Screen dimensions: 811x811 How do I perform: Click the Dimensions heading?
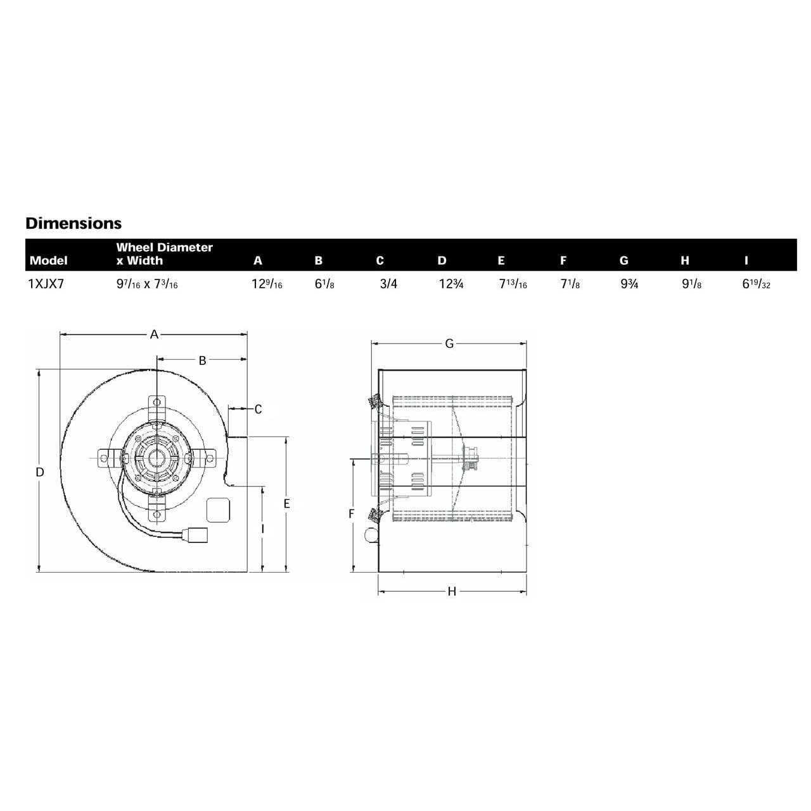pos(73,223)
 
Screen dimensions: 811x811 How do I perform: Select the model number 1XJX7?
pos(46,284)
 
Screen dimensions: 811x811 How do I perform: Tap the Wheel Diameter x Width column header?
pos(165,254)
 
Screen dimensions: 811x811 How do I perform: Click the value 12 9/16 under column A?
pos(267,284)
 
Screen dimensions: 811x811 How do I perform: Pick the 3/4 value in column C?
pos(388,284)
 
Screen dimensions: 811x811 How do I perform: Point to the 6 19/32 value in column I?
pos(757,284)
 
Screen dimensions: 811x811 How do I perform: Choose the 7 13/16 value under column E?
pos(513,284)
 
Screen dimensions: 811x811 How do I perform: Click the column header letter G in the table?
pos(623,260)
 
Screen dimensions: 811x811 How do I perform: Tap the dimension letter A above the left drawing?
pos(154,335)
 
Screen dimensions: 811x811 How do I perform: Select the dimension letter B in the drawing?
pos(203,361)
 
